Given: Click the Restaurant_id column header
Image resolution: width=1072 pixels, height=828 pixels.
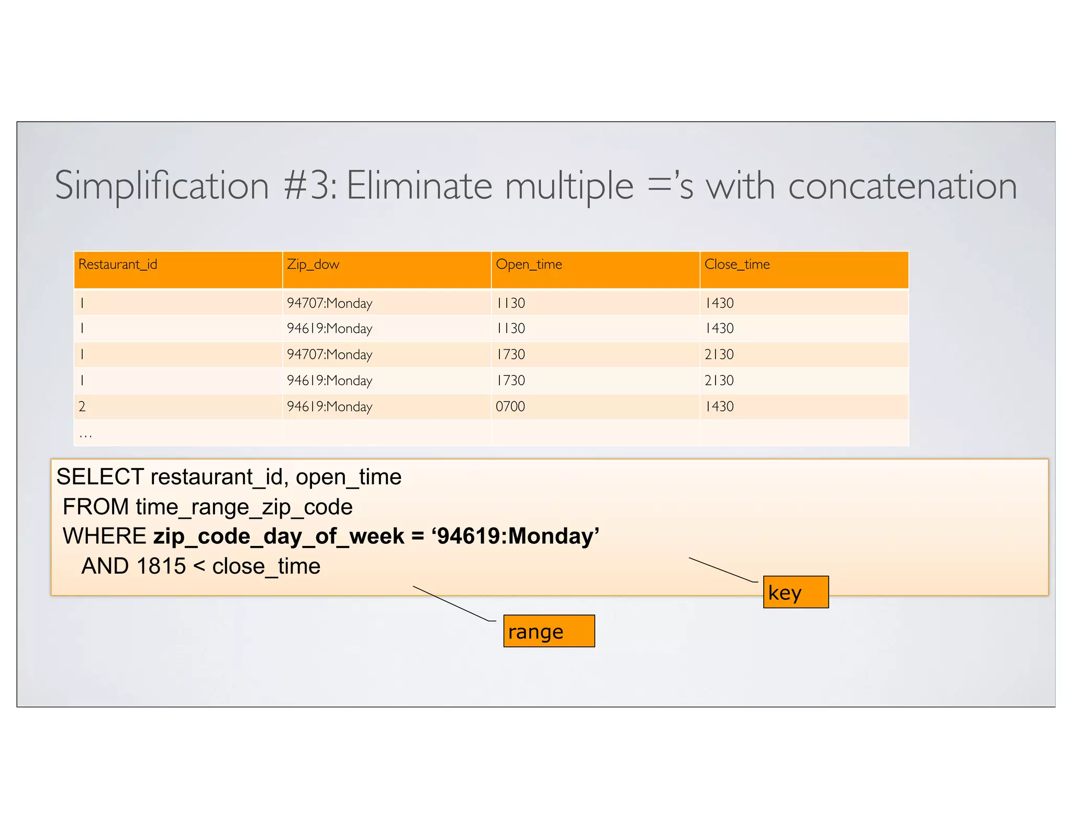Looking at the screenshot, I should click(x=118, y=264).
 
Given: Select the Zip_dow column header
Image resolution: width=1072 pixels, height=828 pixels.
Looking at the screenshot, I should click(x=313, y=264).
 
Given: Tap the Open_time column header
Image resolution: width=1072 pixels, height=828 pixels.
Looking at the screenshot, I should click(x=529, y=264).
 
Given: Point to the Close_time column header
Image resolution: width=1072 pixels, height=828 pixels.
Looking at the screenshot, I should click(x=737, y=264).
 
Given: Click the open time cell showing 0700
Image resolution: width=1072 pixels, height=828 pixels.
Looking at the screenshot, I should click(x=510, y=407).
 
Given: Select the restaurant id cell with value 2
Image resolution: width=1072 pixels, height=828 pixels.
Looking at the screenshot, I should click(x=82, y=407).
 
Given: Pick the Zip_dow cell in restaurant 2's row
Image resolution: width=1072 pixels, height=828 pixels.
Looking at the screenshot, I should click(x=330, y=407).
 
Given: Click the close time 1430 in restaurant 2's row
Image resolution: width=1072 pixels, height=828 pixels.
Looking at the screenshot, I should click(x=720, y=407).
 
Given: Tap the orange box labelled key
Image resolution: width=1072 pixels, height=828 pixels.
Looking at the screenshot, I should click(x=796, y=592).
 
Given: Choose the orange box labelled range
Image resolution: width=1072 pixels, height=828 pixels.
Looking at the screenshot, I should click(x=549, y=631).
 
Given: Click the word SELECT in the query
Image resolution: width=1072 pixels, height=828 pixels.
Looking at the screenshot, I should click(x=100, y=477).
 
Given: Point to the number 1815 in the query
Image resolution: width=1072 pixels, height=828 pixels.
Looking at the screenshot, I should click(x=161, y=566).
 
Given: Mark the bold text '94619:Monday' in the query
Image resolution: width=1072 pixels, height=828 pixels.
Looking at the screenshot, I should click(x=515, y=536).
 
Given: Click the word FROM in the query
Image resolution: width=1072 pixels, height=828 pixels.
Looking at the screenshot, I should click(x=96, y=507).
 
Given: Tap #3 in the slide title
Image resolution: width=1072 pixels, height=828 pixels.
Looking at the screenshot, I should click(x=309, y=186).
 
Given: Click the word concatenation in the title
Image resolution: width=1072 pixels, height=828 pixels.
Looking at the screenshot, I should click(x=902, y=186).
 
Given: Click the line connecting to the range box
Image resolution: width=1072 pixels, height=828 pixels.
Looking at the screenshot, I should click(x=453, y=603).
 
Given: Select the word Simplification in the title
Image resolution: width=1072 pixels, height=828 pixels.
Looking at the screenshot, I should click(x=162, y=187).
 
